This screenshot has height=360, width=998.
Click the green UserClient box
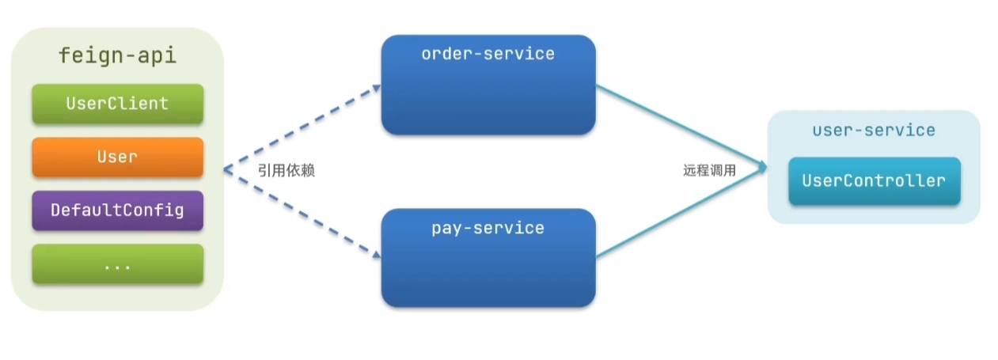tap(117, 104)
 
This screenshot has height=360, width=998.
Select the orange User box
tap(117, 157)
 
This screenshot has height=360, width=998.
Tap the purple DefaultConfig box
tap(117, 210)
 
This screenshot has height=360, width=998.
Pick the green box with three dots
tap(117, 264)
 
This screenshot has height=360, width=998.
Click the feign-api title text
tap(117, 56)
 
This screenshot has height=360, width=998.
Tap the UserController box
tap(874, 181)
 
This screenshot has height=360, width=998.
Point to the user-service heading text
tap(874, 131)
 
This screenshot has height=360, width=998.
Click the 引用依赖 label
tap(286, 170)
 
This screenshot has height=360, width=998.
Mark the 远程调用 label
tap(709, 170)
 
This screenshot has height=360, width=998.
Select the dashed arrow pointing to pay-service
tap(301, 212)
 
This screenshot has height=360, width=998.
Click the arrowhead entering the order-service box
tap(375, 89)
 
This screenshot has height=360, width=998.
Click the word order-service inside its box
tap(488, 54)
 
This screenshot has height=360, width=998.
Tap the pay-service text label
tap(488, 229)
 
